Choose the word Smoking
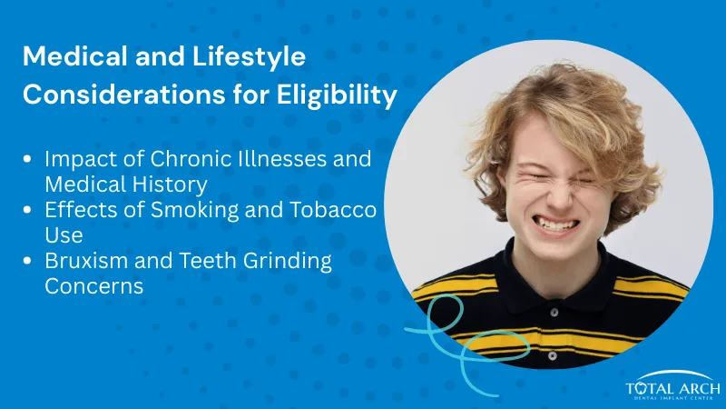click(187, 210)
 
